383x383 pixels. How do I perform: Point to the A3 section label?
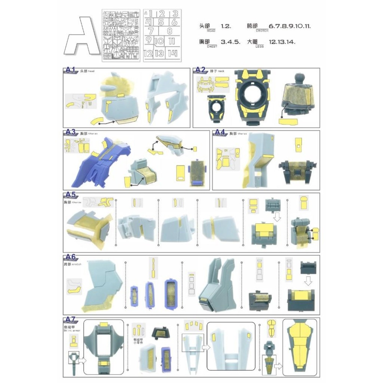(70, 132)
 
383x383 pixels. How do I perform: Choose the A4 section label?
(219, 132)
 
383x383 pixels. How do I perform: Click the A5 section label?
(70, 195)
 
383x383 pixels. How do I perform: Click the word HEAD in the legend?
(211, 31)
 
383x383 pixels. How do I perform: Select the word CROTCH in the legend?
(262, 31)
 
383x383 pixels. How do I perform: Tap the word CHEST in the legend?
(212, 46)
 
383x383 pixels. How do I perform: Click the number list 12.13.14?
(282, 42)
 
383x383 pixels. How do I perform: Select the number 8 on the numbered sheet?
(169, 31)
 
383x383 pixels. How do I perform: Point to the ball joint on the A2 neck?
(298, 76)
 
